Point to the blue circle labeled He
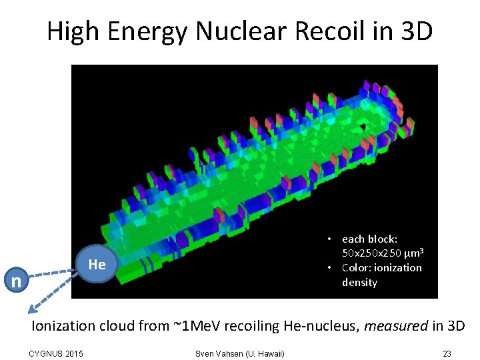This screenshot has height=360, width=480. pyautogui.click(x=97, y=265)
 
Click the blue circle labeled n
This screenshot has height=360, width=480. pyautogui.click(x=15, y=281)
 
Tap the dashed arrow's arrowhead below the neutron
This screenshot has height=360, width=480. pyautogui.click(x=31, y=308)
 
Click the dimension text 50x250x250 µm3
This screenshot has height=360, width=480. pyautogui.click(x=383, y=253)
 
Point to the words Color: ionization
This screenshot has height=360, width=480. pyautogui.click(x=381, y=268)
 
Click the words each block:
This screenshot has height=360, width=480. pyautogui.click(x=369, y=239)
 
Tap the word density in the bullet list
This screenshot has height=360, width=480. pyautogui.click(x=359, y=283)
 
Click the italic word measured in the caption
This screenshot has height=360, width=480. pyautogui.click(x=388, y=326)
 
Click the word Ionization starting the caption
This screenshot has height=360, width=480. pyautogui.click(x=63, y=326)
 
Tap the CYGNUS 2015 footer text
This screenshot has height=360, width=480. pyautogui.click(x=57, y=353)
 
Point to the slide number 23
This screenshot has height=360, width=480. pyautogui.click(x=447, y=353)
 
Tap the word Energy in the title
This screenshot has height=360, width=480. pyautogui.click(x=147, y=31)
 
